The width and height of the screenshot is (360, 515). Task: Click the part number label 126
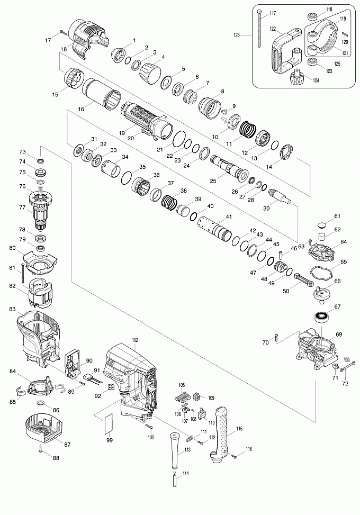click(237, 35)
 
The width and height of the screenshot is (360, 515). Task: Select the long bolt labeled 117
click(259, 29)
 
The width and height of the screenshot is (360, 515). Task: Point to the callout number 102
click(134, 339)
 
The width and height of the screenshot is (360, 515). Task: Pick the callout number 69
click(339, 334)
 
